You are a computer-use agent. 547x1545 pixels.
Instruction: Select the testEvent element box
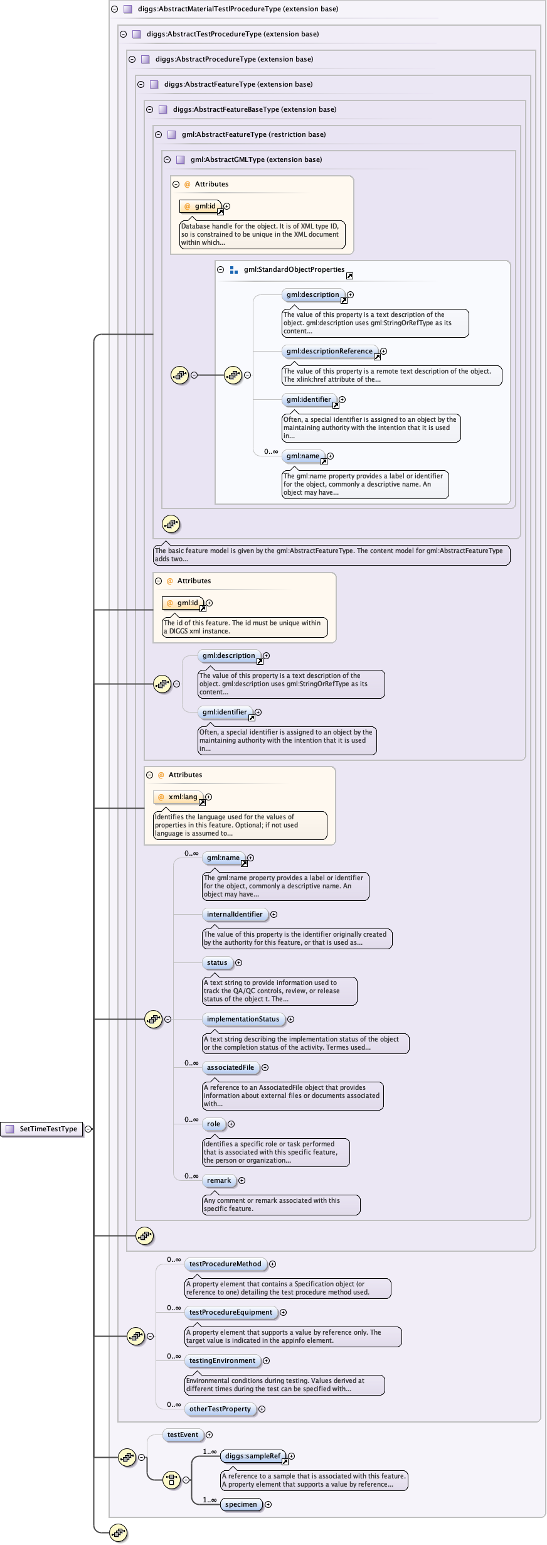(x=183, y=1435)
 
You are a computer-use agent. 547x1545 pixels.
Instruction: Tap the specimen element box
(x=242, y=1504)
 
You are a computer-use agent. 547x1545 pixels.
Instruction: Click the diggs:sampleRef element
(x=253, y=1456)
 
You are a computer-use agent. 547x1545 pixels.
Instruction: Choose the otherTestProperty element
(x=220, y=1409)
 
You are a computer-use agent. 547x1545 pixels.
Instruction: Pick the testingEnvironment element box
(x=223, y=1360)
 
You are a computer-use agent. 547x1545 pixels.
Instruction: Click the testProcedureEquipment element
(x=231, y=1312)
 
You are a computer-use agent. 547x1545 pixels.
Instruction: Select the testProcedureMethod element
(x=225, y=1264)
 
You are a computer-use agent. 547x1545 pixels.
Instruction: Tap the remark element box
(x=219, y=1180)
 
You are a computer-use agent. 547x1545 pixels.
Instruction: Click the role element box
(x=214, y=1124)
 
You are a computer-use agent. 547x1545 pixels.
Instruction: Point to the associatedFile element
(x=231, y=1067)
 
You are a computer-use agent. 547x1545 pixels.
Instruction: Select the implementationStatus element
(x=243, y=1019)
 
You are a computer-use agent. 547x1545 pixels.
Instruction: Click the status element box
(x=217, y=962)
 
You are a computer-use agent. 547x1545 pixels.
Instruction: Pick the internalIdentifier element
(x=235, y=914)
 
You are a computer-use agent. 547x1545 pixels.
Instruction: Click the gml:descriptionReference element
(x=329, y=351)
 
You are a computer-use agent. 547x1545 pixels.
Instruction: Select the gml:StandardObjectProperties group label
(x=294, y=269)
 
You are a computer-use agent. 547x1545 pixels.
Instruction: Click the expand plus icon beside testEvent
(x=210, y=1435)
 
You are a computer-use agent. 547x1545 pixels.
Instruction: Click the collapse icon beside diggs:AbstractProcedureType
(x=132, y=59)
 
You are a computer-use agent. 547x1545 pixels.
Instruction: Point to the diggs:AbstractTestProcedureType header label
(x=233, y=34)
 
